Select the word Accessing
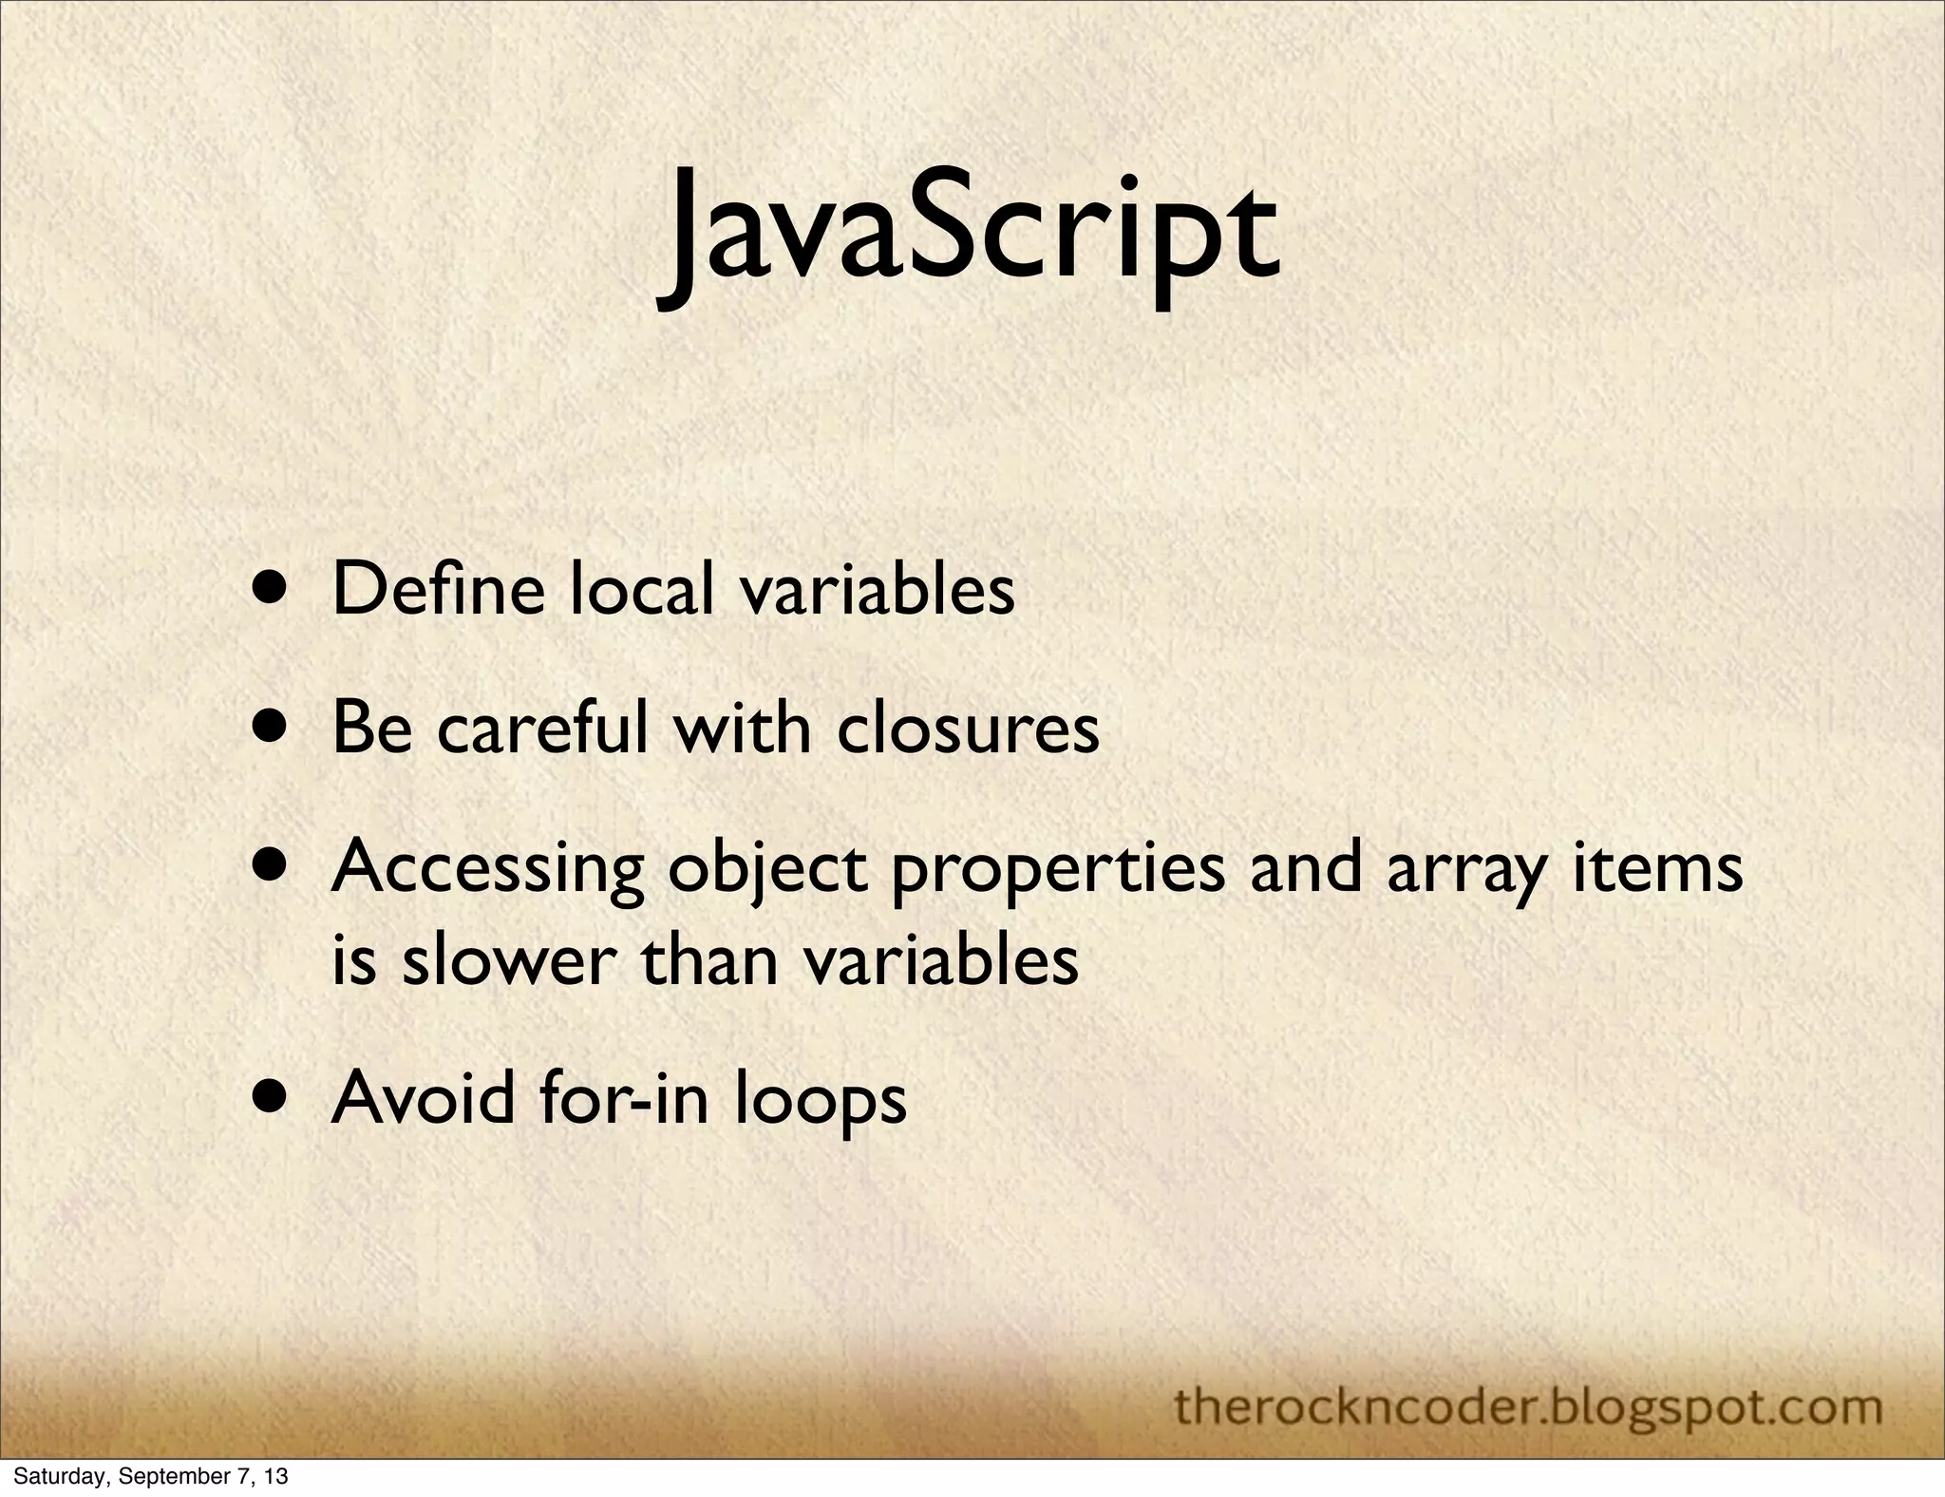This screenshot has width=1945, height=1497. [487, 869]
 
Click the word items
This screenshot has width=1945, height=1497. [1658, 867]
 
